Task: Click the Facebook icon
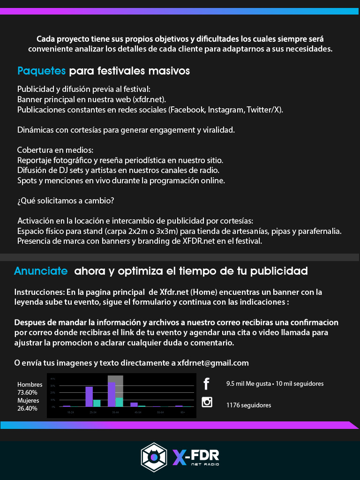[206, 384]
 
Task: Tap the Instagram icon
[207, 402]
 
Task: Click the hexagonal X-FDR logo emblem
[154, 457]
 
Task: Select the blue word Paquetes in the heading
[41, 71]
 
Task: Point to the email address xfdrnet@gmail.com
[213, 363]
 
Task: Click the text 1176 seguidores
[248, 405]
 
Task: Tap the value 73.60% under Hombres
[27, 392]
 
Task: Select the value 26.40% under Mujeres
[27, 408]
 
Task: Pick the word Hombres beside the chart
[30, 385]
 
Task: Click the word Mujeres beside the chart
[28, 401]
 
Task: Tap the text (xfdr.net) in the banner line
[149, 99]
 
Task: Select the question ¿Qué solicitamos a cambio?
[66, 201]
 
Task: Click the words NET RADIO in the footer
[205, 464]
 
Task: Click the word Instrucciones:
[39, 292]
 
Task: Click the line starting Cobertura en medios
[55, 150]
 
